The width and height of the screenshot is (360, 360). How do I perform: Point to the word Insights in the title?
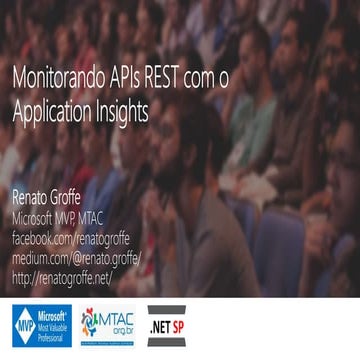tap(125, 112)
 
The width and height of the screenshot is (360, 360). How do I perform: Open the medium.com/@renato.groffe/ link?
tap(76, 259)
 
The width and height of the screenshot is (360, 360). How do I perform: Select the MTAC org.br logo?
tap(110, 327)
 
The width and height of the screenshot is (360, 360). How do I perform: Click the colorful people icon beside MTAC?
tap(91, 327)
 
